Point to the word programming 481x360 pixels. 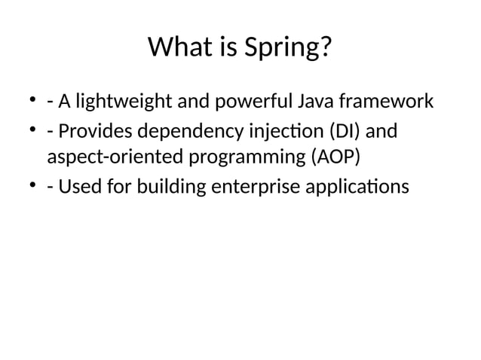point(236,159)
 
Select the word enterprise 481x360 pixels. point(254,186)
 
